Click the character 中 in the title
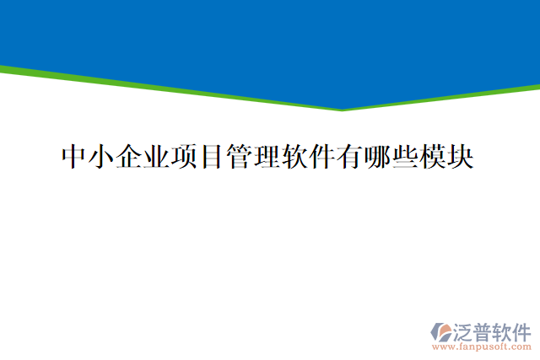pyautogui.click(x=75, y=156)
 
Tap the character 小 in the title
pyautogui.click(x=102, y=156)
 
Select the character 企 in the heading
pyautogui.click(x=130, y=156)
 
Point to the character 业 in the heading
pyautogui.click(x=157, y=156)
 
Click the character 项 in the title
pyautogui.click(x=185, y=156)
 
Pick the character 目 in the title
pyautogui.click(x=213, y=156)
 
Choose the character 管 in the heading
pyautogui.click(x=240, y=156)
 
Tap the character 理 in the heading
pyautogui.click(x=267, y=156)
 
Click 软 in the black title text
pyautogui.click(x=295, y=156)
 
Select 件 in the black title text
pyautogui.click(x=322, y=156)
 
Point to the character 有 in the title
pyautogui.click(x=350, y=156)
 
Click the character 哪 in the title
pyautogui.click(x=378, y=156)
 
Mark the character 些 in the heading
pyautogui.click(x=405, y=156)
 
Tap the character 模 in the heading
pyautogui.click(x=433, y=156)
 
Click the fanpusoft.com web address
pyautogui.click(x=481, y=347)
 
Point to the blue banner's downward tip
pyautogui.click(x=342, y=109)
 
